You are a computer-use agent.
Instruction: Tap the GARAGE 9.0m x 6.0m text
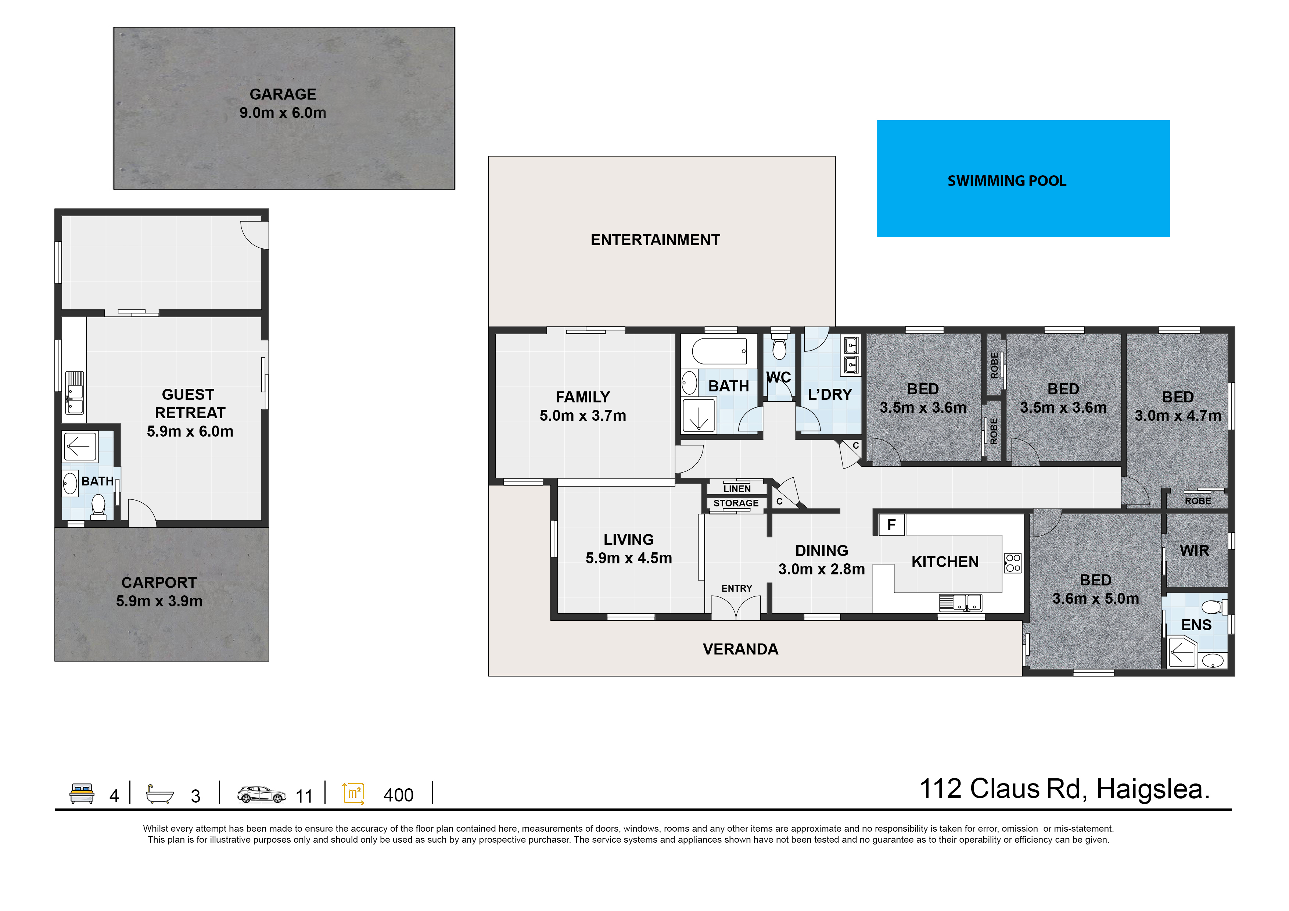(x=283, y=103)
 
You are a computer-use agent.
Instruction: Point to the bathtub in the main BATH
(x=719, y=351)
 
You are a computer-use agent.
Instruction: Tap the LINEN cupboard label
(x=737, y=489)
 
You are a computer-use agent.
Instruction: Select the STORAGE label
(x=736, y=503)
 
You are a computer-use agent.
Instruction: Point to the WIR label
(x=1194, y=550)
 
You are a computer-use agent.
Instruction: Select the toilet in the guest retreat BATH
(x=98, y=505)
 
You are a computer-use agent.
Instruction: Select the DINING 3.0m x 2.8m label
(x=821, y=560)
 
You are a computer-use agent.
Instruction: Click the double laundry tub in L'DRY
(x=851, y=355)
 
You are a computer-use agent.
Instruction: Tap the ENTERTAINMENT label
(x=655, y=240)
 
